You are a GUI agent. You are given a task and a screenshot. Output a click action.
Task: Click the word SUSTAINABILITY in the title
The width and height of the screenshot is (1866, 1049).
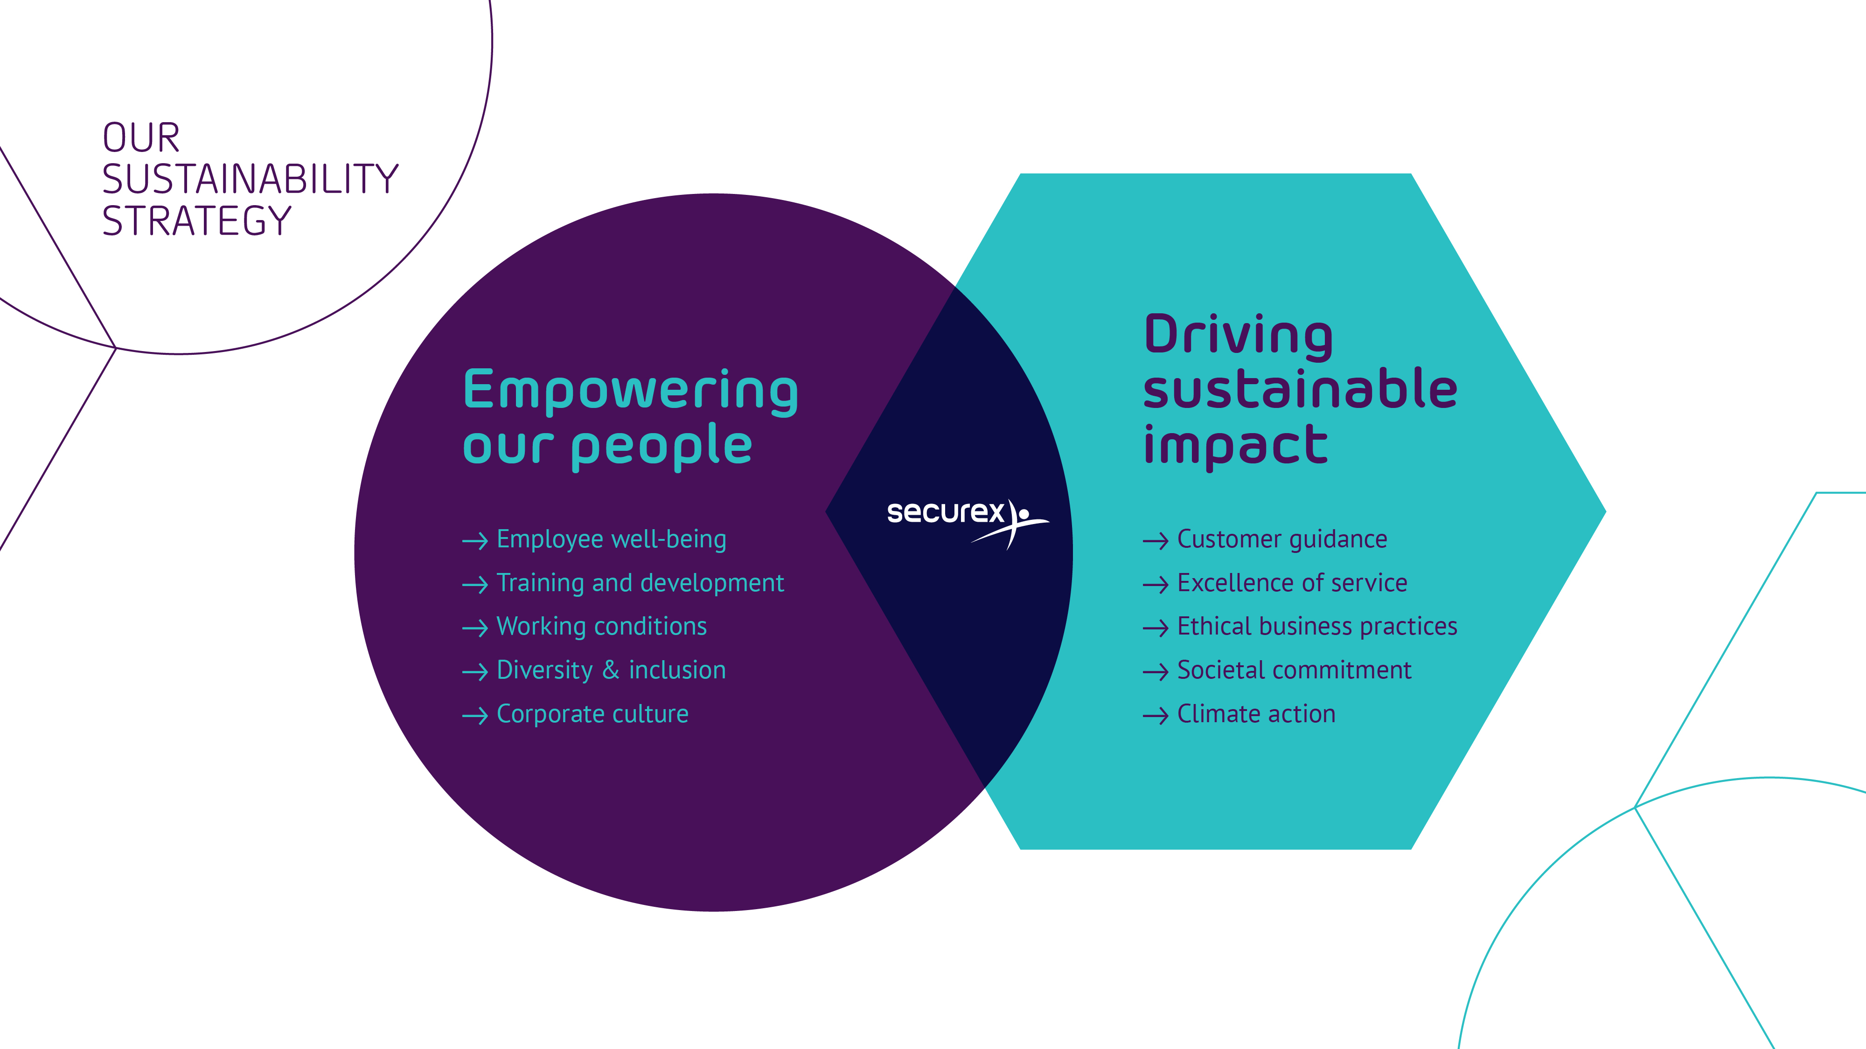coord(251,179)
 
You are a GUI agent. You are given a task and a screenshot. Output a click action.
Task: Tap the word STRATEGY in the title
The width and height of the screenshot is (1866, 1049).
coord(196,221)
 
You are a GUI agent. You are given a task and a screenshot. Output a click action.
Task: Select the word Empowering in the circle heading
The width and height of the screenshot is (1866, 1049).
coord(630,391)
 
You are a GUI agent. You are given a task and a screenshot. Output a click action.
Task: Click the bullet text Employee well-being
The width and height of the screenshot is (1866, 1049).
coord(612,540)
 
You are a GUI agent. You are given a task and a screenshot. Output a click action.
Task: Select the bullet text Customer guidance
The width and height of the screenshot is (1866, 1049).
coord(1282,540)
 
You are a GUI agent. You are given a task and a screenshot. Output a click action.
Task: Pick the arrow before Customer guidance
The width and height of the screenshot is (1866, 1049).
coord(1156,541)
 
